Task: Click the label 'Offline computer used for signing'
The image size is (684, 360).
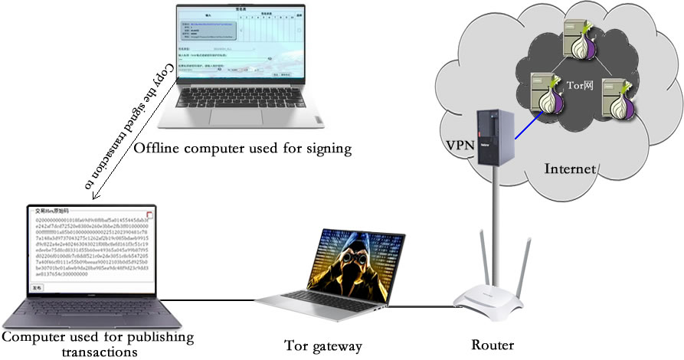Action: (242, 149)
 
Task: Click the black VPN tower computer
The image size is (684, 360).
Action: (492, 136)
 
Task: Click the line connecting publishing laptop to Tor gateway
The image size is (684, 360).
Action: (214, 301)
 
